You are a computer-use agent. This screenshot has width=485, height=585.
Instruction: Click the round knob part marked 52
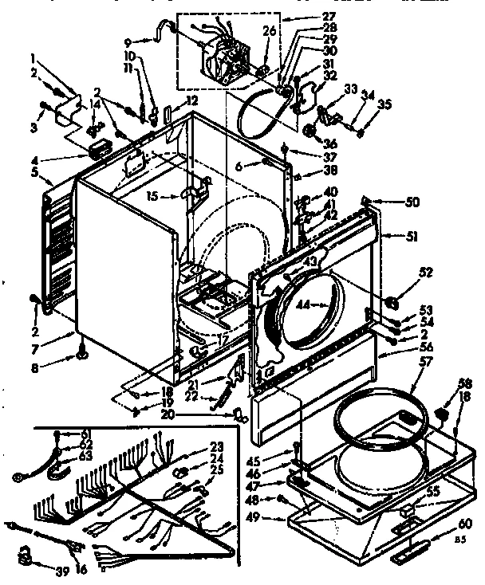pos(393,300)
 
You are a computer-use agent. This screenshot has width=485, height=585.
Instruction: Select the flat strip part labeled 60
pos(414,548)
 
